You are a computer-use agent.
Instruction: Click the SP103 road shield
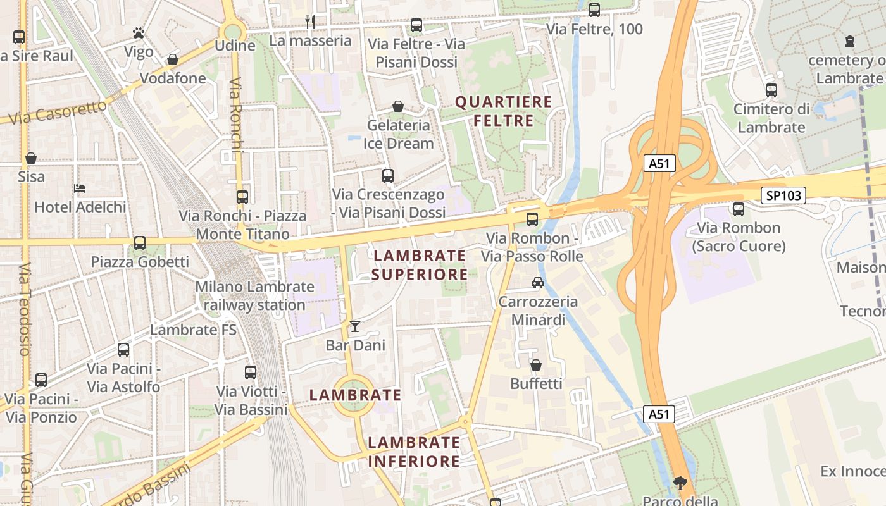click(783, 195)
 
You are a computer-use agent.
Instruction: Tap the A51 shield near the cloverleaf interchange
click(659, 164)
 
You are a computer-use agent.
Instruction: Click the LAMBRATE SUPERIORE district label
click(420, 265)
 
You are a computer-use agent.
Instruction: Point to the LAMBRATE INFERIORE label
click(414, 452)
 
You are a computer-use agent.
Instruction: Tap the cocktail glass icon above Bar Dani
click(355, 326)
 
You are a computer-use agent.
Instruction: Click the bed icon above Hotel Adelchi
click(80, 188)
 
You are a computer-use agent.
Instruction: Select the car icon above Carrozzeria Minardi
click(537, 283)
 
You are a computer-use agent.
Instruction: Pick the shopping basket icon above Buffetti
click(536, 365)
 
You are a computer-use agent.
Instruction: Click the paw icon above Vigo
click(139, 32)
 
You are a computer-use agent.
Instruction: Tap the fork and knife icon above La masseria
click(310, 22)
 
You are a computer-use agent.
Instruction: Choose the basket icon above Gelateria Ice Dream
click(398, 106)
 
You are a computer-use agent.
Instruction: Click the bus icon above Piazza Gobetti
click(140, 243)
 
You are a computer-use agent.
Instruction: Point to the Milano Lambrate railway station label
click(254, 295)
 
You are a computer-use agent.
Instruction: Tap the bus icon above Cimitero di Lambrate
click(771, 90)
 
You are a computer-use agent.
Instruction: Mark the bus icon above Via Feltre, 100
click(594, 10)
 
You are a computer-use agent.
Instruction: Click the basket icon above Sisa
click(31, 158)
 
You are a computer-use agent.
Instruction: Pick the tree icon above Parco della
click(680, 484)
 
